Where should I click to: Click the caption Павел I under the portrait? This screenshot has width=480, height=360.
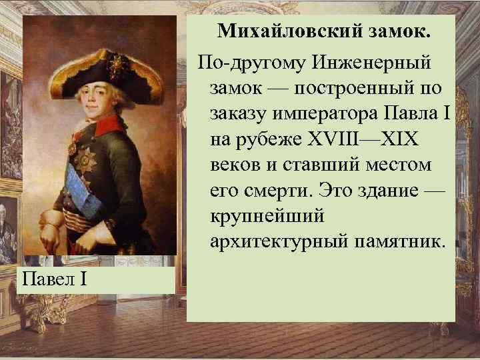55,276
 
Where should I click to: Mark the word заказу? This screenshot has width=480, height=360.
241,115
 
